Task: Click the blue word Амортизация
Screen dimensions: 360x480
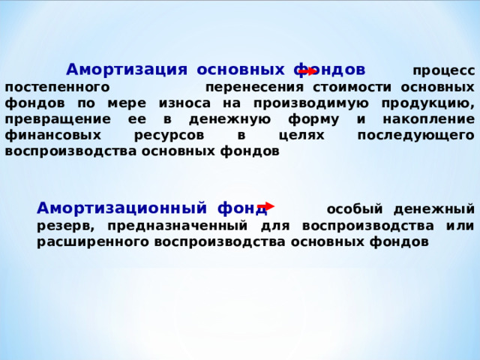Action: tap(126, 70)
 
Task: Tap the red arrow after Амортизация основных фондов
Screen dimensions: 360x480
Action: tap(307, 71)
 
